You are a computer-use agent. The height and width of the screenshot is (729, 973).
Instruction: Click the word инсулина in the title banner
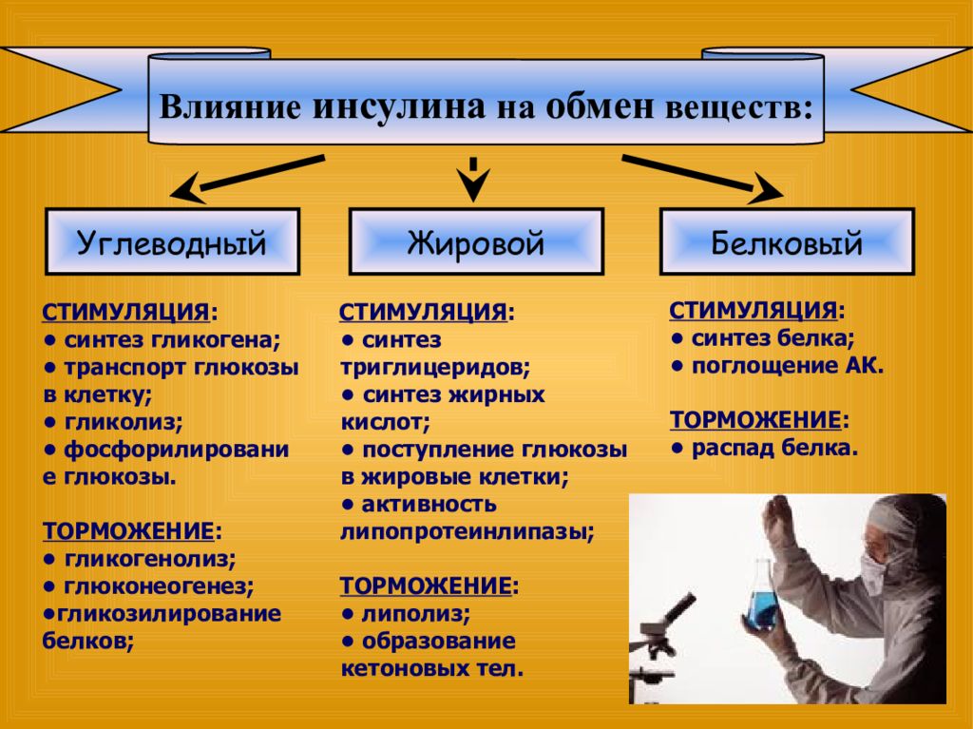[x=398, y=106]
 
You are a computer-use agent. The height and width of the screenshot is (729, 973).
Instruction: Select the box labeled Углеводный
[x=173, y=241]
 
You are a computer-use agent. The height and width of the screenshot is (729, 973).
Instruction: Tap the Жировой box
[x=476, y=241]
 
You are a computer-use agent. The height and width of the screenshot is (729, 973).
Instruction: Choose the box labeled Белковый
[x=787, y=241]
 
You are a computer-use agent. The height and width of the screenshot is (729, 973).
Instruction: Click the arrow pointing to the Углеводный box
[x=247, y=179]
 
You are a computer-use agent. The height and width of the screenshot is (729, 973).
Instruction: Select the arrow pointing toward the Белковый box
[x=702, y=179]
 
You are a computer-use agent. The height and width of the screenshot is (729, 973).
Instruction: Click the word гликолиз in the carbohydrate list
[x=123, y=422]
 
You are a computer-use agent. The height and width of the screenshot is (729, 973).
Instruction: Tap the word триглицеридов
[x=433, y=368]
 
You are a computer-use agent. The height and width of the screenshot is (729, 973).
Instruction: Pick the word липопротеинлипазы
[x=466, y=531]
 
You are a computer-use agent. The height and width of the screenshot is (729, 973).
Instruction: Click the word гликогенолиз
[x=148, y=559]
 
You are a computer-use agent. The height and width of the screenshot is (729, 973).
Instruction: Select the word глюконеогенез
[x=157, y=586]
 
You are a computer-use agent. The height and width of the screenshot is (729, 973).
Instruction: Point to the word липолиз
[x=414, y=613]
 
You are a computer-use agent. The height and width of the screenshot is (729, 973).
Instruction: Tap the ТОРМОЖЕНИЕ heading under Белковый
[x=755, y=420]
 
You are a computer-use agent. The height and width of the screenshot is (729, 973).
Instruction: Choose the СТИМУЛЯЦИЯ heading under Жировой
[x=423, y=312]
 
